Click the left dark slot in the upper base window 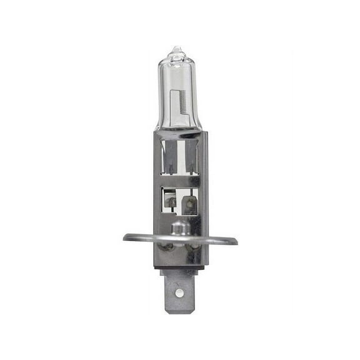coord(168,156)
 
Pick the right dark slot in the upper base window coord(191,156)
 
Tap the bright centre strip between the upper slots coord(180,156)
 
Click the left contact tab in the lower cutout coord(169,200)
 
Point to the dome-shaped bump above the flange coord(179,226)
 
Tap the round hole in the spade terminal coord(180,291)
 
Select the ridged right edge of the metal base coord(204,187)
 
